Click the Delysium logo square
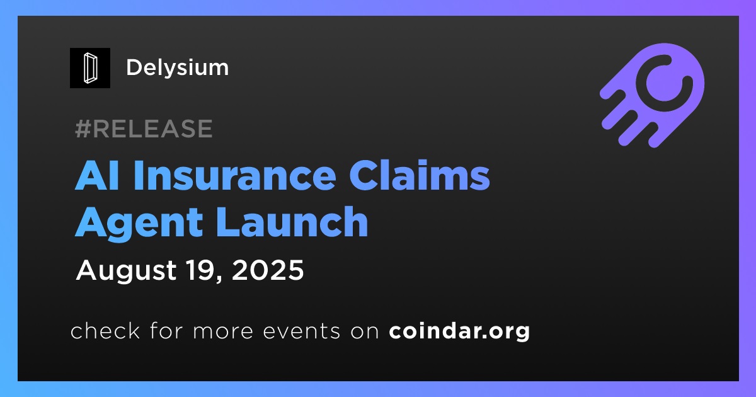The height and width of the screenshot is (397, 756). [89, 68]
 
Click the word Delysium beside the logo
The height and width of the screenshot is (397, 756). [178, 67]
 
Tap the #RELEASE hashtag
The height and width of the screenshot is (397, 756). [144, 129]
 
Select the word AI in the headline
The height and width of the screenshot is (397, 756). [97, 176]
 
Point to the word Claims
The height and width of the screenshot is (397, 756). [419, 175]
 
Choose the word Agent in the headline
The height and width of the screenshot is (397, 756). [139, 224]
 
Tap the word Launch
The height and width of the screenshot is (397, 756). [292, 221]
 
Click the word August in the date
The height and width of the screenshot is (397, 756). [126, 271]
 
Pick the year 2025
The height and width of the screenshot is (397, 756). [268, 270]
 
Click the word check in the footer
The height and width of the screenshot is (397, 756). [105, 330]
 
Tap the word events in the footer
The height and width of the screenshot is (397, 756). [302, 331]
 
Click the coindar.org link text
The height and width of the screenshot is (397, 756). [459, 331]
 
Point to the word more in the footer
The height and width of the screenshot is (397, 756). [223, 331]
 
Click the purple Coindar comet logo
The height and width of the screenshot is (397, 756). [653, 95]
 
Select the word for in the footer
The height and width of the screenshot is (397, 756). [166, 330]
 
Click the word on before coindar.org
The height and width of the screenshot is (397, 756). [365, 331]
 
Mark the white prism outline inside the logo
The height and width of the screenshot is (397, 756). [90, 68]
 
